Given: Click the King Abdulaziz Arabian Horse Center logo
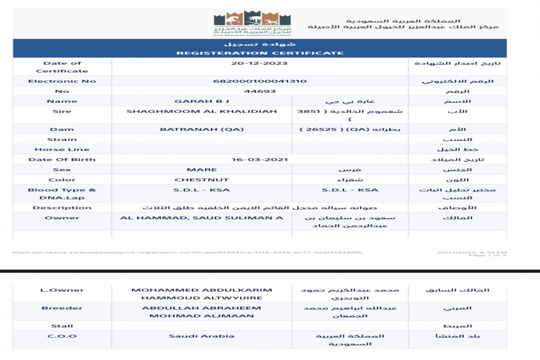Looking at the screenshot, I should pyautogui.click(x=252, y=22).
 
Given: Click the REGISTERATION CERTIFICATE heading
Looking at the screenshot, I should pyautogui.click(x=260, y=53).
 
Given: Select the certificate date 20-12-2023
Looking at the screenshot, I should pyautogui.click(x=260, y=63).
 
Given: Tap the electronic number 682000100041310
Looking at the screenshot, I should pyautogui.click(x=260, y=81).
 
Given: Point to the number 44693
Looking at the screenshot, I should pyautogui.click(x=260, y=91).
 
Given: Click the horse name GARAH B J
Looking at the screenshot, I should pyautogui.click(x=202, y=101).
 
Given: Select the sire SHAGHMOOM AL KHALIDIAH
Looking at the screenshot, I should pyautogui.click(x=202, y=111).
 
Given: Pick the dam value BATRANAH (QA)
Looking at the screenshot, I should pyautogui.click(x=202, y=129).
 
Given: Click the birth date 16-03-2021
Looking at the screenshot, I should pyautogui.click(x=260, y=159).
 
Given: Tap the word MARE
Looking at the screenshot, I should pyautogui.click(x=202, y=170).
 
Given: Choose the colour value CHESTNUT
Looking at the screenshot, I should pyautogui.click(x=202, y=180).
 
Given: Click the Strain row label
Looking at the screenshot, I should pyautogui.click(x=62, y=139).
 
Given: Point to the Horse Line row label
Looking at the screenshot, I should pyautogui.click(x=62, y=149).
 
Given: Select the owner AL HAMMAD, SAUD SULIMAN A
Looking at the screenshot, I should pyautogui.click(x=202, y=218).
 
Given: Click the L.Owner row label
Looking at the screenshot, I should pyautogui.click(x=62, y=290).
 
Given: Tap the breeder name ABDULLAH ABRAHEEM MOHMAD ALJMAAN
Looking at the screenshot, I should pyautogui.click(x=202, y=312).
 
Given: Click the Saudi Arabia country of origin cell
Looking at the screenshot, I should pyautogui.click(x=202, y=336).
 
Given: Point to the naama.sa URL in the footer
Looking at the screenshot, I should pyautogui.click(x=187, y=252).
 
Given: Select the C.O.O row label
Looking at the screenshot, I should pyautogui.click(x=62, y=336).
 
